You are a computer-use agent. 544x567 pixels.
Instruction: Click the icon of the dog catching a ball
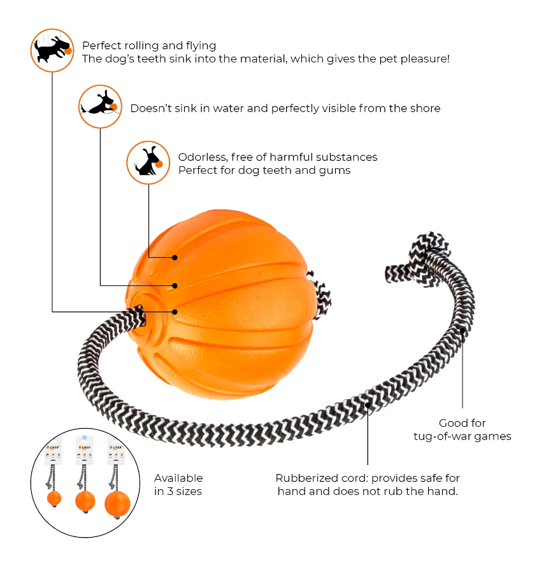pos(52,50)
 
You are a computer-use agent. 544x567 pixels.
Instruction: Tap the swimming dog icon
pos(100,106)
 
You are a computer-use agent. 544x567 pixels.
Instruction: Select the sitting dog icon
pos(148,162)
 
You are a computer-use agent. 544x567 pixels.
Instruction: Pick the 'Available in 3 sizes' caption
pos(178,484)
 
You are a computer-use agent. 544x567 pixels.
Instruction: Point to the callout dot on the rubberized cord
pos(368,405)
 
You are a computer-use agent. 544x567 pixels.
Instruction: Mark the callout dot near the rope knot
pos(463,330)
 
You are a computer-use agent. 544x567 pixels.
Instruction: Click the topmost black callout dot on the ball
pos(175,257)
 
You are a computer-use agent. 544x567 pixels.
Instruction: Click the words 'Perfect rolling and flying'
pos(149,46)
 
